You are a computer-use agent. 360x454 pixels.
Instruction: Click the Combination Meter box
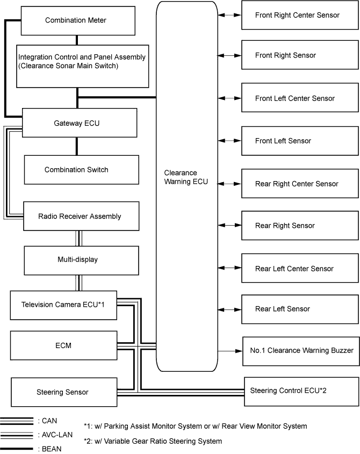coord(76,20)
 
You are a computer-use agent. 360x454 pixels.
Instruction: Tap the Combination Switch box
coord(82,170)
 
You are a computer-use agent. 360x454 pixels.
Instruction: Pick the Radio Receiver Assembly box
coord(80,217)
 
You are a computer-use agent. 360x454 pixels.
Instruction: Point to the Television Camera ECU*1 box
coord(63,305)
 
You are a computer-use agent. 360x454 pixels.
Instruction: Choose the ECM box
coord(63,345)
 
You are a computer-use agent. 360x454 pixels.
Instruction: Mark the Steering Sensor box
coord(63,392)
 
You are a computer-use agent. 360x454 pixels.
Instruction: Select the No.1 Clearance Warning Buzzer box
coord(301,350)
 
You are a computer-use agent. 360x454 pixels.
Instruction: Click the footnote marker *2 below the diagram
coord(88,441)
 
